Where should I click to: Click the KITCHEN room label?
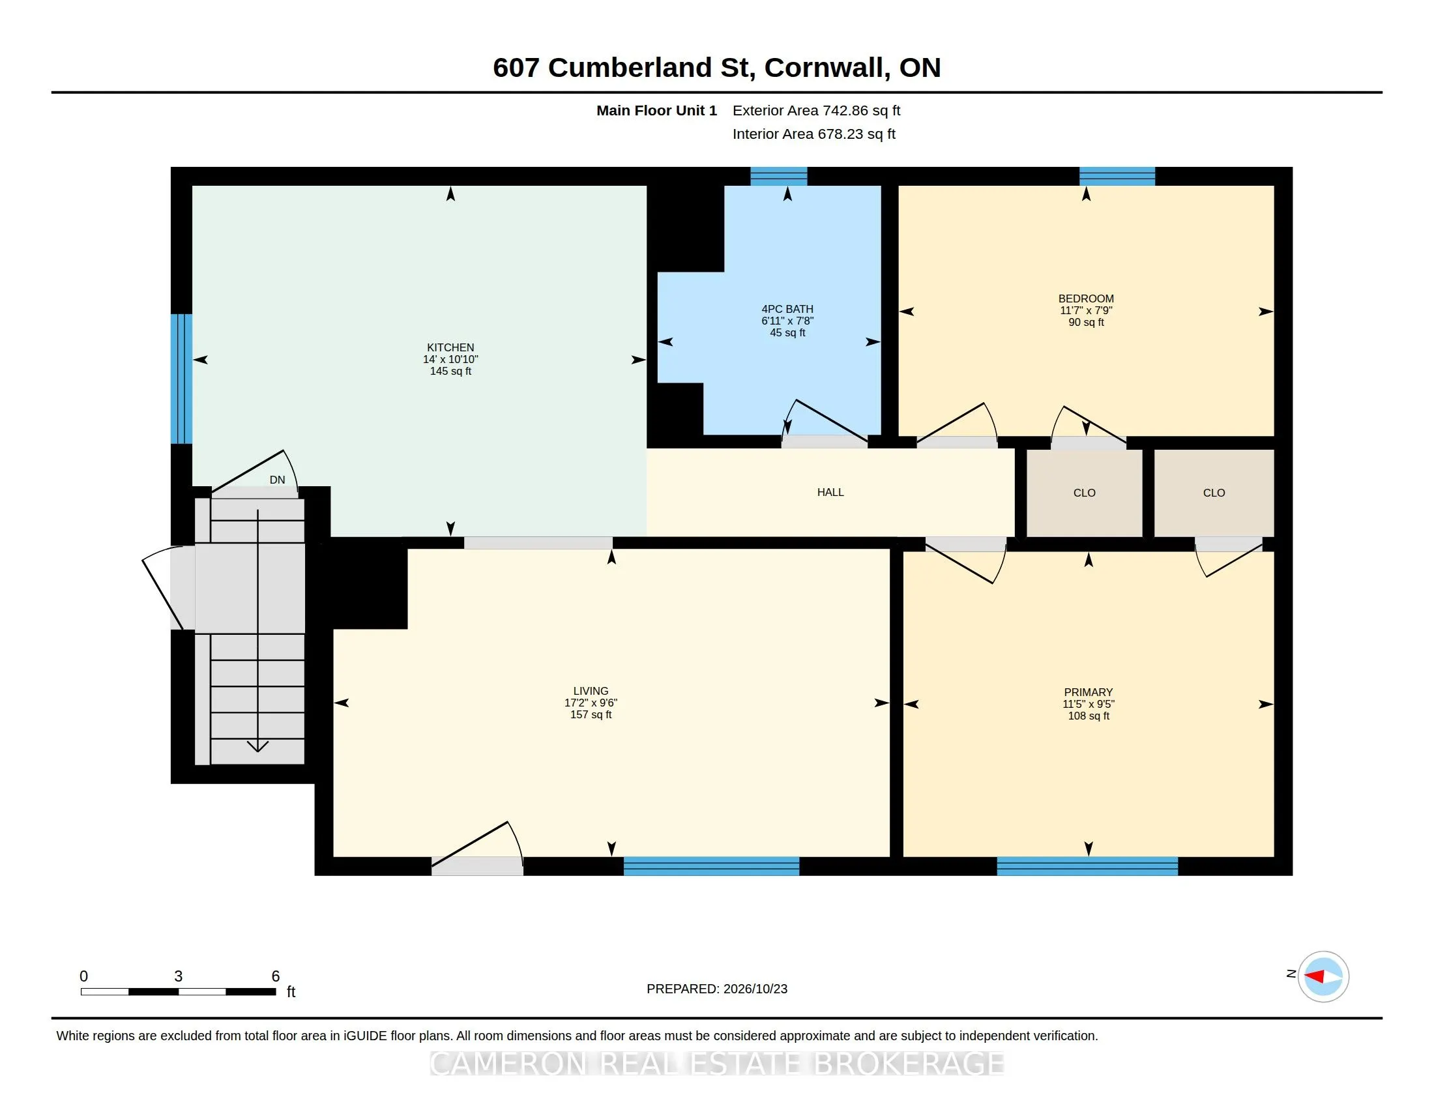point(450,348)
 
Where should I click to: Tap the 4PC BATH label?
point(787,309)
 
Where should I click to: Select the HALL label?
point(830,492)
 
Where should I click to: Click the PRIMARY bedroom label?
point(1088,692)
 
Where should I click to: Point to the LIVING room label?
point(591,691)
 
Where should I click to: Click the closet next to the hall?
point(1085,493)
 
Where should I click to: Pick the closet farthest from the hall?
point(1214,493)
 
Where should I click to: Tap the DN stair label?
point(278,480)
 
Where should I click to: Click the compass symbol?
point(1323,977)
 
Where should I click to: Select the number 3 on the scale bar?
point(178,976)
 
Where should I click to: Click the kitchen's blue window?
point(181,379)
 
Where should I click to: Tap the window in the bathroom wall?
point(779,177)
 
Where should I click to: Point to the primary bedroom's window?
point(1087,866)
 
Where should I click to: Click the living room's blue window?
point(712,866)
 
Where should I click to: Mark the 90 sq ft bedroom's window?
point(1117,177)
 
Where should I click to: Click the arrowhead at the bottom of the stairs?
point(257,746)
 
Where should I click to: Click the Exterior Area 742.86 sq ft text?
point(816,111)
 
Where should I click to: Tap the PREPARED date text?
point(717,989)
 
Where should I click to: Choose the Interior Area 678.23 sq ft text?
point(814,134)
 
